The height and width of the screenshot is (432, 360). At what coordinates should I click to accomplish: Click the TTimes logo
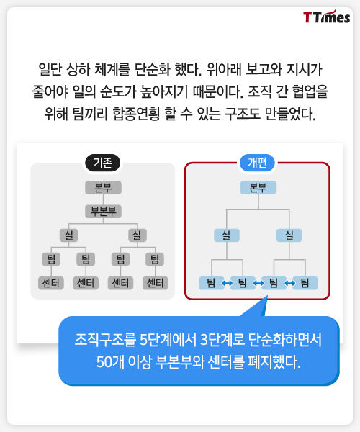326,17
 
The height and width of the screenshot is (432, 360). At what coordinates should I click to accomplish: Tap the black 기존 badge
103,163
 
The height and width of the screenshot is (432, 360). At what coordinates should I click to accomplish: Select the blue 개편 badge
257,163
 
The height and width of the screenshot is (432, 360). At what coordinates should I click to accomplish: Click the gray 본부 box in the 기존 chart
103,188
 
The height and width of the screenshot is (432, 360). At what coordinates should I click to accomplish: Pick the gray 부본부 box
103,211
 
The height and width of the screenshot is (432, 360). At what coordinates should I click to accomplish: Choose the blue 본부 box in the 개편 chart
258,188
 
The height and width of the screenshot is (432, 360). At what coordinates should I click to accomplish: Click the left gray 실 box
68,235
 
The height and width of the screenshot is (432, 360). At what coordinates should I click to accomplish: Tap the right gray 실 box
138,235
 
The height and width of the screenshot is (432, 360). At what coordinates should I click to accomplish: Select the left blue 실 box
227,235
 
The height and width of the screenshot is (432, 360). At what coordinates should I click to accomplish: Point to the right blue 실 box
289,235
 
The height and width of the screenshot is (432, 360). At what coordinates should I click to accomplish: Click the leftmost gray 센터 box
51,283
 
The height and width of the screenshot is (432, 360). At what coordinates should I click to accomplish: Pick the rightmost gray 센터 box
155,283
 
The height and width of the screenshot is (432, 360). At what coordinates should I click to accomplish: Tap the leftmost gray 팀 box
51,259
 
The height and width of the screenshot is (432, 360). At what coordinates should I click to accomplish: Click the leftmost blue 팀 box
211,283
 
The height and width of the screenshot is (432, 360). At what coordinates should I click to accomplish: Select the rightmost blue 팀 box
305,283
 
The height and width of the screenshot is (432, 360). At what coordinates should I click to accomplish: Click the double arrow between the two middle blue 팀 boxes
258,283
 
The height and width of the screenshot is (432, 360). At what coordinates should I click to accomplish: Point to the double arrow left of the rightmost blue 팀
289,283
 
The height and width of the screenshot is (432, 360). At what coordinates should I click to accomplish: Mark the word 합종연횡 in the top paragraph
136,114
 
